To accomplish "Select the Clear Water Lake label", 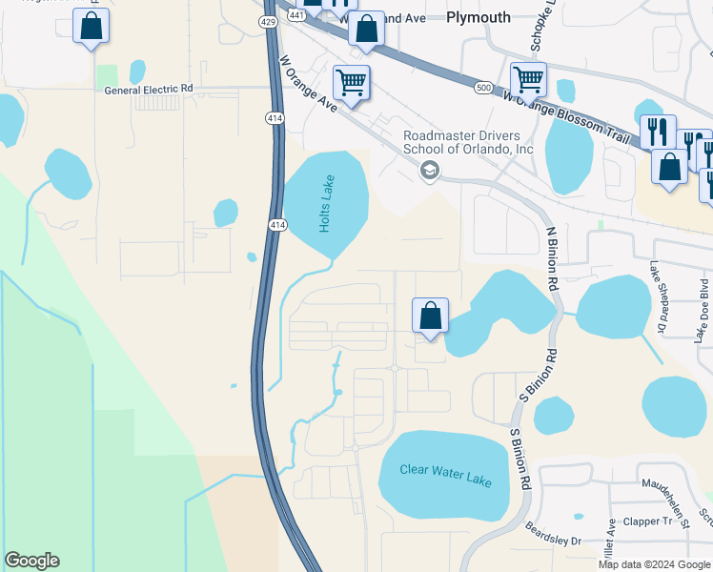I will click(x=446, y=475).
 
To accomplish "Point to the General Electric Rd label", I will click(x=149, y=89).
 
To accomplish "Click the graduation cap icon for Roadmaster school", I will click(x=429, y=171).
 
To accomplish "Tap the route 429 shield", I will click(x=271, y=20).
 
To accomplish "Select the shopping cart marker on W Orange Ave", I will click(x=351, y=83).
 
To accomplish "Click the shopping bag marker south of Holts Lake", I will click(x=430, y=316).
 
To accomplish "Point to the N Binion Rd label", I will click(x=551, y=258).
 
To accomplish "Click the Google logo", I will click(x=31, y=561).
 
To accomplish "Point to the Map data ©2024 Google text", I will click(x=654, y=564).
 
